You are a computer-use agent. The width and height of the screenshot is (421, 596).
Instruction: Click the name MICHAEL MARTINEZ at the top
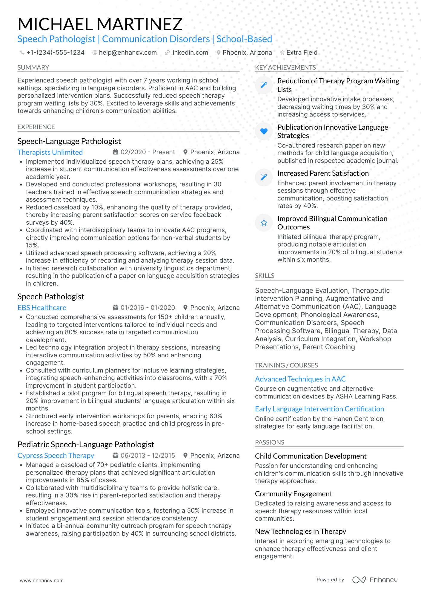[100, 24]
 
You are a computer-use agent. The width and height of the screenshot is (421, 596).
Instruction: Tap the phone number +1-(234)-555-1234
[55, 53]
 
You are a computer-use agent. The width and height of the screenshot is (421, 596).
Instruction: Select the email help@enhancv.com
[127, 53]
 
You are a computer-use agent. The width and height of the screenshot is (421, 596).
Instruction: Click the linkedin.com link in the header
[189, 53]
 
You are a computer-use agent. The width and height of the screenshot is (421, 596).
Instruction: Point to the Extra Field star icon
[282, 53]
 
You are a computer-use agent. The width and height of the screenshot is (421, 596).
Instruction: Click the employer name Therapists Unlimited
[50, 152]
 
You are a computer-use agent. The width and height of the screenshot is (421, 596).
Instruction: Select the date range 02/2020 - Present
[147, 152]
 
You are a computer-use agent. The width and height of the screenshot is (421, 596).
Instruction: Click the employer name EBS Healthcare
[42, 308]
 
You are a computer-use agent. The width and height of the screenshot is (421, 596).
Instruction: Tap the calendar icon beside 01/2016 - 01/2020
[115, 307]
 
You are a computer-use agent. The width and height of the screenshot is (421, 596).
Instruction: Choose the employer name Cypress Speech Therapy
[56, 456]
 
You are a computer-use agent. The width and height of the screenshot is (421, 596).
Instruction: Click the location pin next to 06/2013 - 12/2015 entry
[185, 455]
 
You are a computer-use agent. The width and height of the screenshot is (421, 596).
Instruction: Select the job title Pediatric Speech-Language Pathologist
[86, 445]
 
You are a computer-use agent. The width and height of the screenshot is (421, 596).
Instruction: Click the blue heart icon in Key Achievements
[264, 131]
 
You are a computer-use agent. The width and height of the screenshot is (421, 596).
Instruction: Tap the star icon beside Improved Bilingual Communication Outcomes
[264, 223]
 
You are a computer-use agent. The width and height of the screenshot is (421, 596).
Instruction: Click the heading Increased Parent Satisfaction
[323, 173]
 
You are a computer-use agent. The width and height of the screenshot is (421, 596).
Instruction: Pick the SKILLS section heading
[264, 276]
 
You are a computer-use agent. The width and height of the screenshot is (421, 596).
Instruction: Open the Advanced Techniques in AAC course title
[300, 379]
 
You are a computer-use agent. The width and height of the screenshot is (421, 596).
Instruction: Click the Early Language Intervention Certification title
[319, 409]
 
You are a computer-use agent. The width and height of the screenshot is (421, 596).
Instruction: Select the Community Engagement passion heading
[293, 494]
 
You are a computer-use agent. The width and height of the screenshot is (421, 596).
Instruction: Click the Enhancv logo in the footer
[375, 580]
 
